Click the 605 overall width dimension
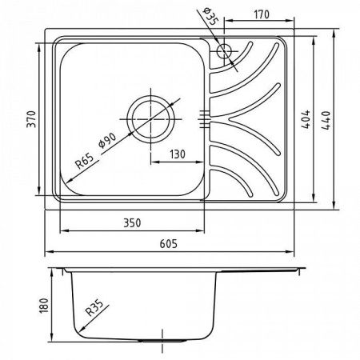(168, 244)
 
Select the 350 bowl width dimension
(132, 223)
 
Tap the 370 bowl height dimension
(31, 119)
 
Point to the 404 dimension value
(306, 119)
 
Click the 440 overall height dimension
(326, 120)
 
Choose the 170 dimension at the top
(262, 14)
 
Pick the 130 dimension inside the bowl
(178, 154)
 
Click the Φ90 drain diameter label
(107, 140)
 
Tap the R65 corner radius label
(85, 161)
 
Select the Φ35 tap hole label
(210, 17)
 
